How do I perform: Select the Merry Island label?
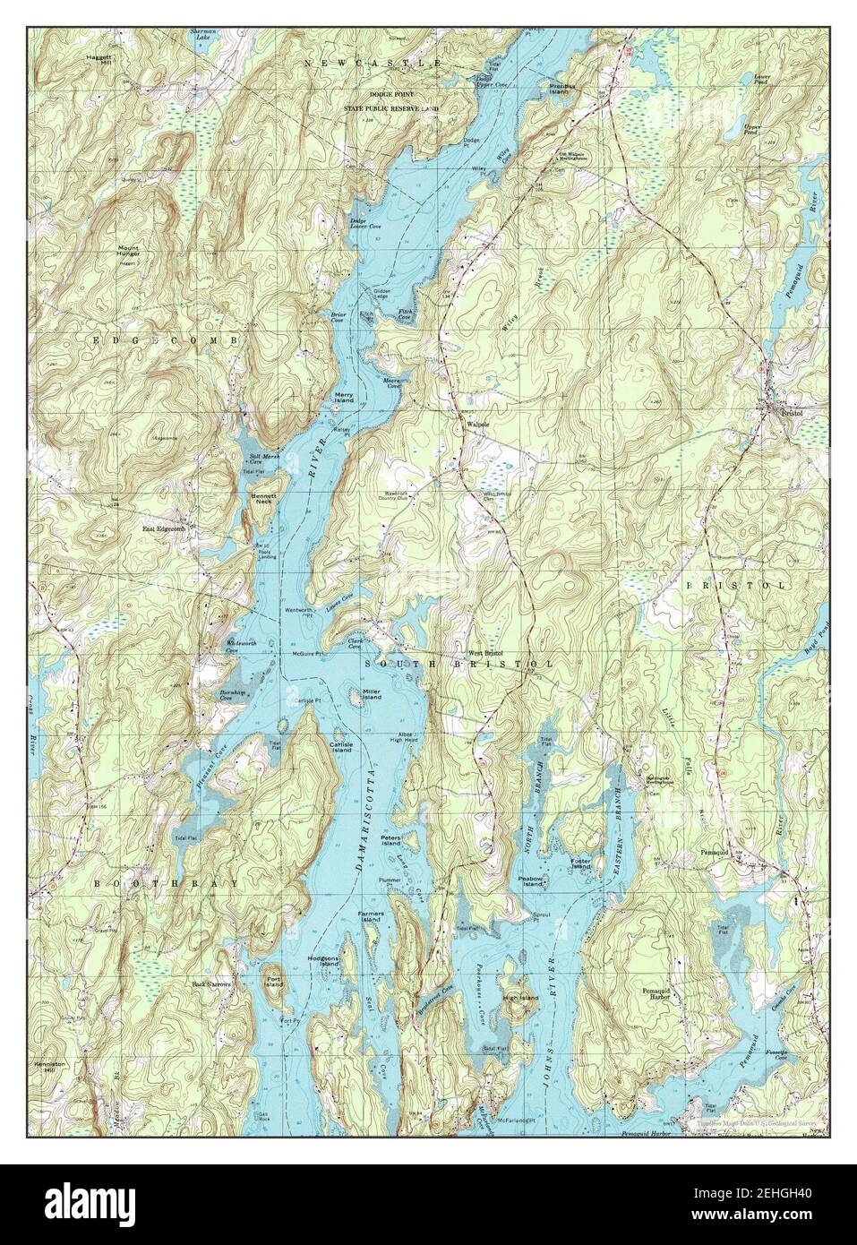tap(344, 397)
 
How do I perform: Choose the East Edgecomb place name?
tap(162, 529)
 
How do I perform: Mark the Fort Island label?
tap(276, 982)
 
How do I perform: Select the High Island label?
tap(520, 998)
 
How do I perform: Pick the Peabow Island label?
tap(532, 881)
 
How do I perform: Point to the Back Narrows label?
tap(211, 984)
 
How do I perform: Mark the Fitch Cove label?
tap(405, 314)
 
